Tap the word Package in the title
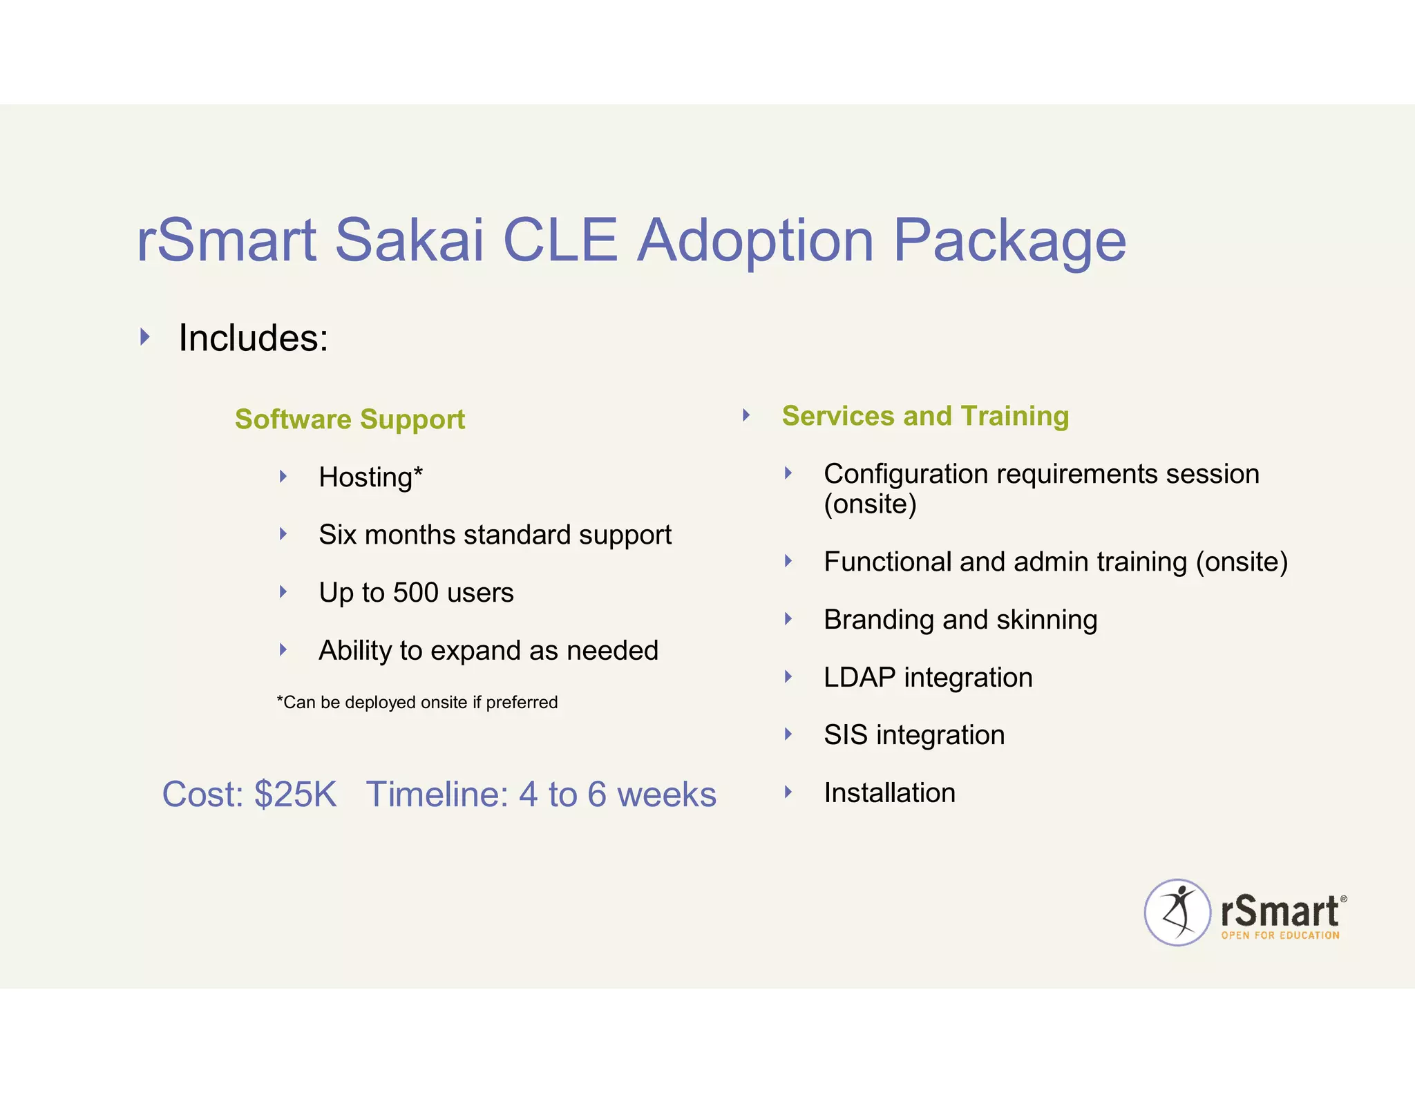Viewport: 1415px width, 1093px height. click(1009, 242)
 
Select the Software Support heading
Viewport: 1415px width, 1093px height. click(350, 419)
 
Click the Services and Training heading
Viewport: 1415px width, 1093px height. click(925, 416)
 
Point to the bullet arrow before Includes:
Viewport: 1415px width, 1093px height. click(145, 337)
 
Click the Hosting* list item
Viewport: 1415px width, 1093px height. click(370, 477)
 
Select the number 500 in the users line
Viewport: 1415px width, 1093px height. click(416, 593)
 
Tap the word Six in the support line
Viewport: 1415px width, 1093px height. click(337, 535)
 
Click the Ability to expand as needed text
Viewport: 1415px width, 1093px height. click(488, 650)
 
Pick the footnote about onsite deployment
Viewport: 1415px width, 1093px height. click(417, 703)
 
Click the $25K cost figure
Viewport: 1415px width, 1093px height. click(295, 795)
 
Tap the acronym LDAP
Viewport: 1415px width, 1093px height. click(860, 677)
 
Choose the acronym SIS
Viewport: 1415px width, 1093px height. click(845, 735)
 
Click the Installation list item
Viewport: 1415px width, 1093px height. click(889, 792)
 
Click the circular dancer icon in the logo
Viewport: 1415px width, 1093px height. click(1177, 912)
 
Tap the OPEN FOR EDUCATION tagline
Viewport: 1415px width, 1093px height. click(1280, 935)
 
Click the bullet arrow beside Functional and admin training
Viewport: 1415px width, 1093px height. click(788, 561)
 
